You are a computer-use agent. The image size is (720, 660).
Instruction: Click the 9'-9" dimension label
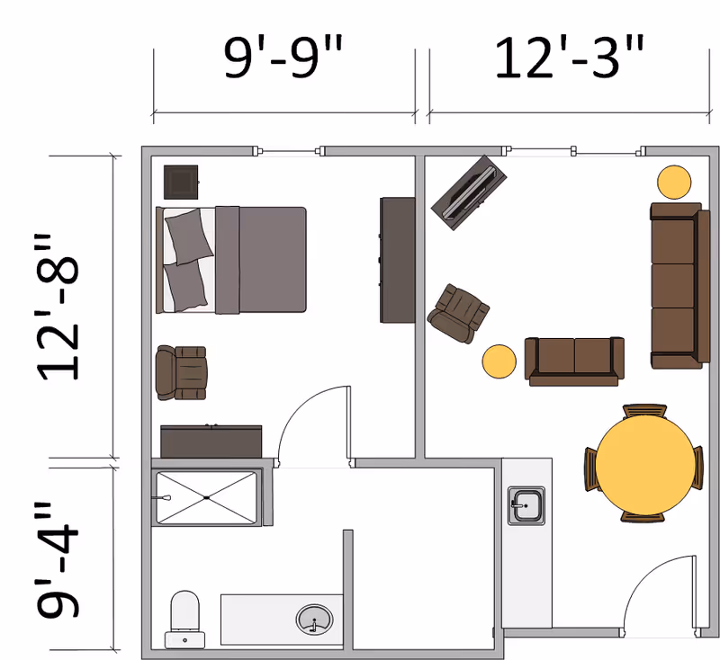284,59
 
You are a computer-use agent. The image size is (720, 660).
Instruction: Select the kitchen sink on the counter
526,505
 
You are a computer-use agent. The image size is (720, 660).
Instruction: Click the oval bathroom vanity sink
314,619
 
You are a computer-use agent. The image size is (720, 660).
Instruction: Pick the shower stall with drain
206,497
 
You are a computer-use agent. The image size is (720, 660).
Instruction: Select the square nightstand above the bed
181,182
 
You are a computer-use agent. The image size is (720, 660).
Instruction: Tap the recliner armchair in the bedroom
181,372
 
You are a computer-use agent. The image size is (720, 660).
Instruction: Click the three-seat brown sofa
675,285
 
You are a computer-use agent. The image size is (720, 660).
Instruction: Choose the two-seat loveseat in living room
574,361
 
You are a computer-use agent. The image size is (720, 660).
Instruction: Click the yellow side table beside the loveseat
499,361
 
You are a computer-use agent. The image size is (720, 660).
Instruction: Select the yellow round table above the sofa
674,183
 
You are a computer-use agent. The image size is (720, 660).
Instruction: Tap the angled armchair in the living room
460,311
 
